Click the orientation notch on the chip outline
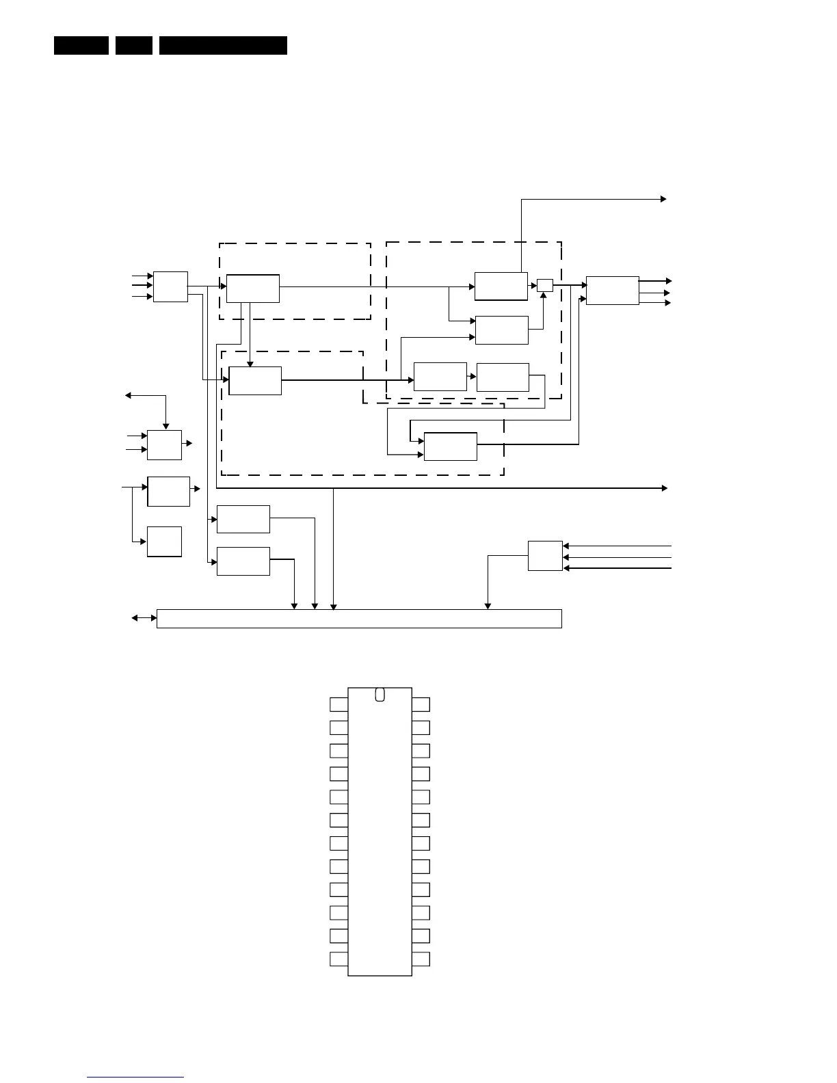coord(380,695)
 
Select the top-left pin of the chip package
coord(338,704)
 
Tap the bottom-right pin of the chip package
coord(421,959)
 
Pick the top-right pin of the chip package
coord(421,704)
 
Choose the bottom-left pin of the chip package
coord(338,959)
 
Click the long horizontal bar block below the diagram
coord(359,618)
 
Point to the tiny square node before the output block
coord(544,285)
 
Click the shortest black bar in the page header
coord(133,45)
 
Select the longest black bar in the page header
coord(223,45)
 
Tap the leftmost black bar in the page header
coord(81,45)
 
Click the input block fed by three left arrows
coord(170,286)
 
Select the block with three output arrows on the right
coord(612,291)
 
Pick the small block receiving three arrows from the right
coord(545,556)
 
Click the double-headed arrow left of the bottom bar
coord(144,618)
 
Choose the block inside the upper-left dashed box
coord(252,288)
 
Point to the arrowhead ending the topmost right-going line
coord(663,199)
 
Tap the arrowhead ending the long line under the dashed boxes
coord(664,488)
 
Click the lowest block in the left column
coord(164,541)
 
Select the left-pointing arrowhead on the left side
coord(128,395)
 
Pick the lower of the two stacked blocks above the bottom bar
coord(243,561)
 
